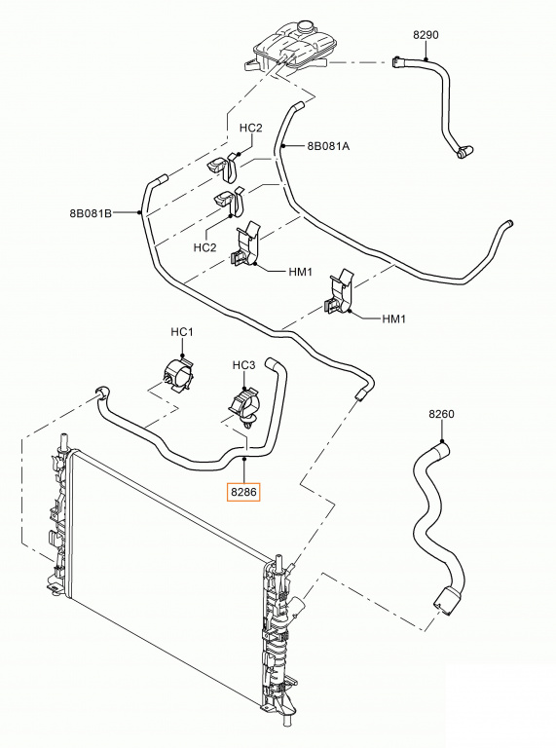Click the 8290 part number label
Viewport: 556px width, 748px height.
click(426, 35)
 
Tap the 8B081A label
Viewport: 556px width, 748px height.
click(328, 146)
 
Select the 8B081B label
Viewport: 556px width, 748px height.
click(91, 213)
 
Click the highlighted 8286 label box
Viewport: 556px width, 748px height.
click(244, 492)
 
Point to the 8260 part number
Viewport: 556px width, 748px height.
click(441, 414)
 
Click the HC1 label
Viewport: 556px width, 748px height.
click(182, 332)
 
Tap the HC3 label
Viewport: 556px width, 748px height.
click(244, 365)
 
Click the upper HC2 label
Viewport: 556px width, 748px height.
click(251, 128)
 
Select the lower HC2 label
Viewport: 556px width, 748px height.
click(205, 247)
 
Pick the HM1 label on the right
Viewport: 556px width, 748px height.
click(393, 318)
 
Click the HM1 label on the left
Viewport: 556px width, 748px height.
click(301, 272)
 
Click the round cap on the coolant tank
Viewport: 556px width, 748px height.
click(303, 26)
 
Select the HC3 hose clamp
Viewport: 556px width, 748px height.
click(245, 405)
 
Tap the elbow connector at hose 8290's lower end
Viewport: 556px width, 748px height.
click(463, 152)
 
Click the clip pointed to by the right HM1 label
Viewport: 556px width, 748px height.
click(339, 293)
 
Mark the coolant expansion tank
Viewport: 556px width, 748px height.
click(289, 48)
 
